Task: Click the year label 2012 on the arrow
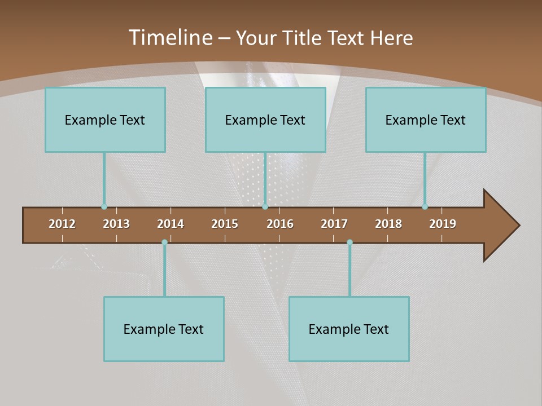[x=62, y=224]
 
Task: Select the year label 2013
[x=116, y=224]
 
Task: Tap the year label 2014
[x=171, y=224]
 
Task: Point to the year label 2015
[x=225, y=224]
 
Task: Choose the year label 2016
[x=280, y=224]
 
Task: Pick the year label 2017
[x=334, y=224]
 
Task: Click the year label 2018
[x=388, y=224]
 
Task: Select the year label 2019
[x=443, y=224]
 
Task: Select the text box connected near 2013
[x=105, y=120]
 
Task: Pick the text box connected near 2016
[x=265, y=120]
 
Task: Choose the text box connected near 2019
[x=426, y=120]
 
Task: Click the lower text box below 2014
[x=164, y=329]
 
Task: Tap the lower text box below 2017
[x=349, y=329]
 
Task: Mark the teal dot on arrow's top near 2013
[x=104, y=206]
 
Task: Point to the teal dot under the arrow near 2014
[x=164, y=242]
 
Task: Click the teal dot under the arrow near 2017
[x=349, y=242]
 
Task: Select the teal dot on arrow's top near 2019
[x=425, y=206]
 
